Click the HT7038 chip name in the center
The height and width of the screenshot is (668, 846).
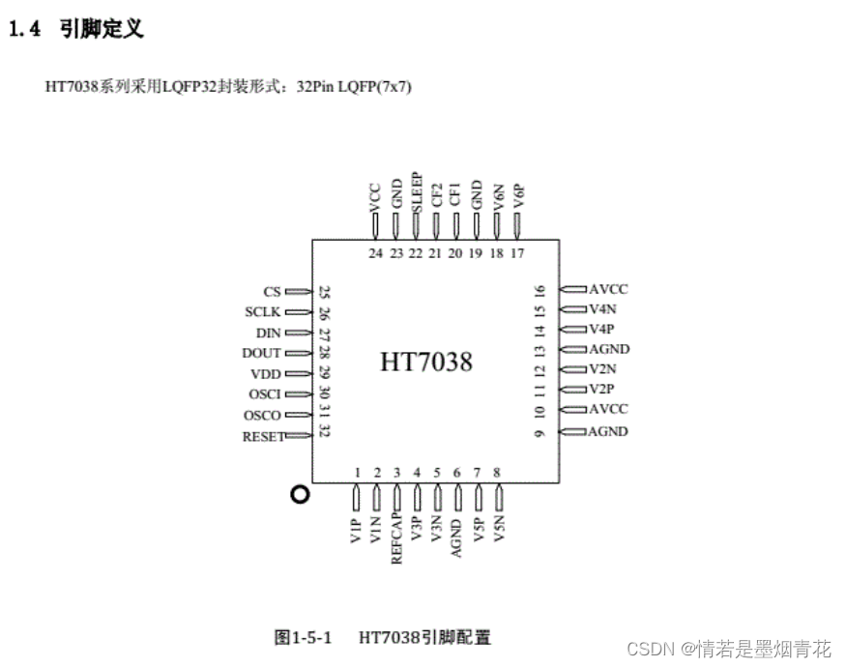point(426,363)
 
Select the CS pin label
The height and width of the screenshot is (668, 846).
point(272,291)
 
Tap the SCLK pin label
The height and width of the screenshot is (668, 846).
point(263,312)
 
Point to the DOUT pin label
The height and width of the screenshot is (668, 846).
point(261,353)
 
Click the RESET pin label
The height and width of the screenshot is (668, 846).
point(263,436)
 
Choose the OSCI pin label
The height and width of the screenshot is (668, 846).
point(264,394)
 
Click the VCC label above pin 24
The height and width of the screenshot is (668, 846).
point(375,195)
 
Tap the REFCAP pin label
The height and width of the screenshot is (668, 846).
point(396,537)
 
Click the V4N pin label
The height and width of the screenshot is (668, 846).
point(602,309)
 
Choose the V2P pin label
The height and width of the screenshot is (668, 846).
point(602,390)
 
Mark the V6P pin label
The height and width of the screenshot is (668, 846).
point(518,196)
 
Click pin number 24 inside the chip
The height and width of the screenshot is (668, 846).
point(375,253)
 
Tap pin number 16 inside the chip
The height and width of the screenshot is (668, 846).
point(540,290)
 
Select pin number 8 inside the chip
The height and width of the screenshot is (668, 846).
point(497,473)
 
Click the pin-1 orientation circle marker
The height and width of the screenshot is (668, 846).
point(300,494)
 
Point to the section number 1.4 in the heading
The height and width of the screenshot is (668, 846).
point(24,29)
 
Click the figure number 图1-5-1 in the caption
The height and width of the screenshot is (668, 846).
point(303,637)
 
